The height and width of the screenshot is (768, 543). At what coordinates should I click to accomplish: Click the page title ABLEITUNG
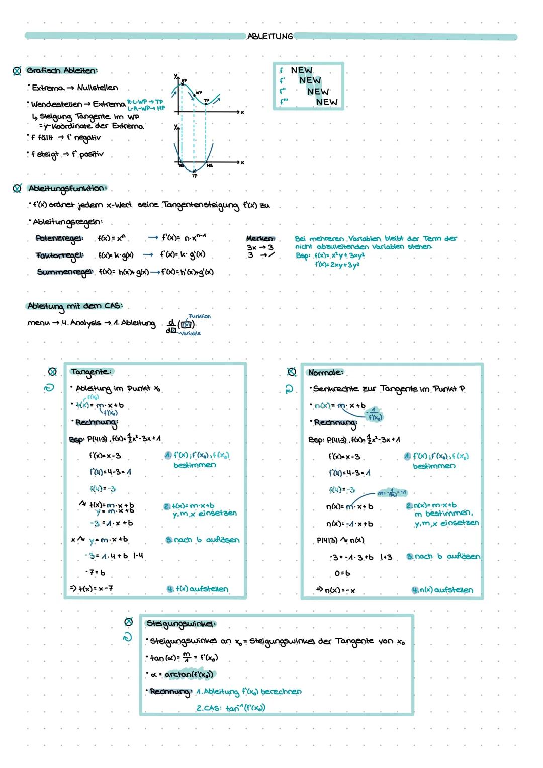click(270, 36)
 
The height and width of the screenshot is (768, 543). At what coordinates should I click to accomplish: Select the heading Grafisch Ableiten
click(62, 70)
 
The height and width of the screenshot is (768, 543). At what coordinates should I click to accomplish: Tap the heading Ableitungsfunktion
click(67, 188)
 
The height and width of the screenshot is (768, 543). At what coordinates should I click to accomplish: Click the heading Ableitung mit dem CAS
click(74, 306)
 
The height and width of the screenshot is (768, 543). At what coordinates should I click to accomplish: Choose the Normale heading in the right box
click(325, 373)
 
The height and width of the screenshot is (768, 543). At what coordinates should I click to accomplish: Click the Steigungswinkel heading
click(180, 624)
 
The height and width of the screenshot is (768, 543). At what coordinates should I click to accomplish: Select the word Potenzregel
click(59, 238)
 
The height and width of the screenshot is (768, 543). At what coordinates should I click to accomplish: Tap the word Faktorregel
click(59, 255)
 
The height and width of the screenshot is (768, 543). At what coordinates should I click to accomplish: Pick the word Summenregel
click(64, 272)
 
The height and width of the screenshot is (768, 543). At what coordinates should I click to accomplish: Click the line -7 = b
click(96, 572)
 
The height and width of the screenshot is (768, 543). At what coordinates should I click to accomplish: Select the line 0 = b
click(342, 573)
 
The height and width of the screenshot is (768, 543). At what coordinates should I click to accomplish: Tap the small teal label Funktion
click(200, 316)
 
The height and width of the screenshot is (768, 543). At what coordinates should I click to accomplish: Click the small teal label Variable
click(190, 333)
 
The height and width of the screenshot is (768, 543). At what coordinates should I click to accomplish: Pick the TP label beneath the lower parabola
click(194, 176)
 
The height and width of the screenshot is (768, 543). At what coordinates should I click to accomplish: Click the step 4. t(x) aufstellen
click(197, 589)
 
